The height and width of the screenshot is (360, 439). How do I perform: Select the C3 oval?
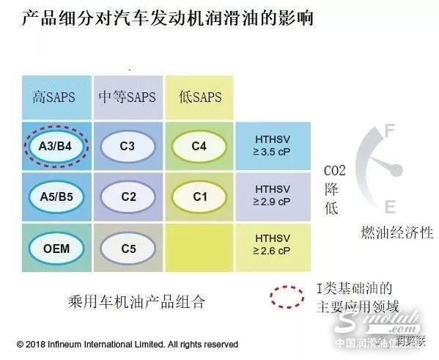tap(128, 145)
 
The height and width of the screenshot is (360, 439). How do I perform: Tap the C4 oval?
tap(199, 145)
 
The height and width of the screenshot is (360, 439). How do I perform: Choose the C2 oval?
tap(128, 196)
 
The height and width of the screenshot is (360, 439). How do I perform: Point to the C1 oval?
tap(199, 196)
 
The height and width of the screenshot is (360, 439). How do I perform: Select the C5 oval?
tap(128, 248)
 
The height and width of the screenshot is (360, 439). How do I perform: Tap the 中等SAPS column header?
tap(128, 97)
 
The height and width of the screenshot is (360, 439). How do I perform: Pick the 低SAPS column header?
tap(199, 97)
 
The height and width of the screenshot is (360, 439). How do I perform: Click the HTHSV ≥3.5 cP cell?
tap(272, 145)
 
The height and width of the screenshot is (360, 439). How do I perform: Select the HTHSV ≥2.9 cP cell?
tap(272, 196)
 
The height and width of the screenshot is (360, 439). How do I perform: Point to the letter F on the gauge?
tap(389, 132)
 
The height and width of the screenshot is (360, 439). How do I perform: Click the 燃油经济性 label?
tap(396, 233)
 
